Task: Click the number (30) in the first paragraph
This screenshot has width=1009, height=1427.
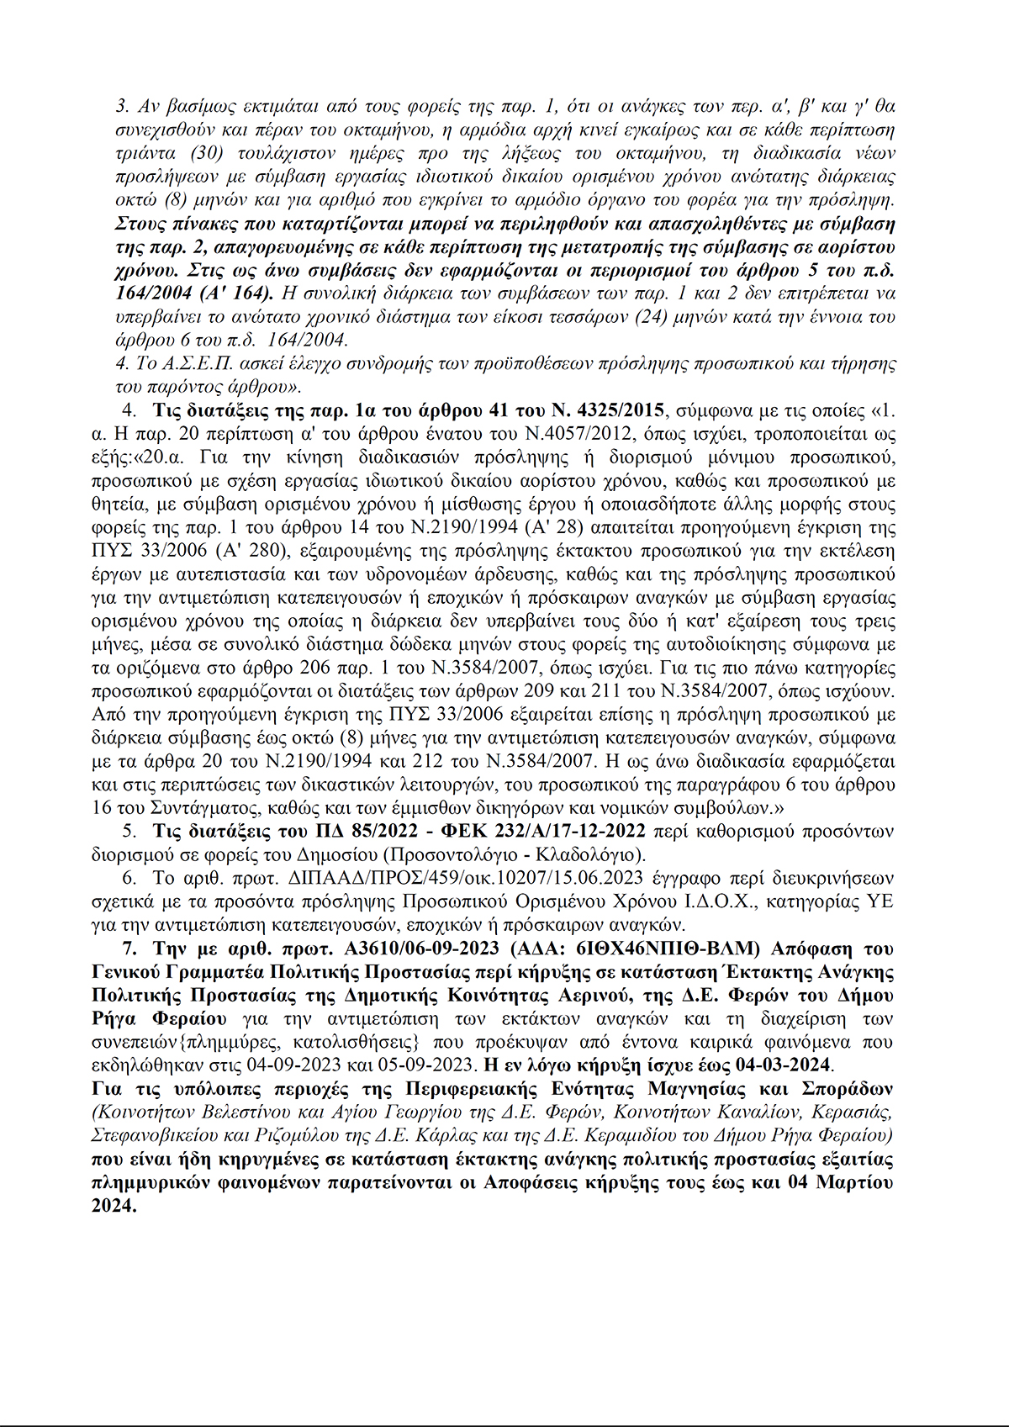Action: point(209,153)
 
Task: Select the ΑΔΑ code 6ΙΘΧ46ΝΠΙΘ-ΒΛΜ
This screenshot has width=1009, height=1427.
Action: point(668,949)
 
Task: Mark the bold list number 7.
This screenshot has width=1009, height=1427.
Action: point(129,949)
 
